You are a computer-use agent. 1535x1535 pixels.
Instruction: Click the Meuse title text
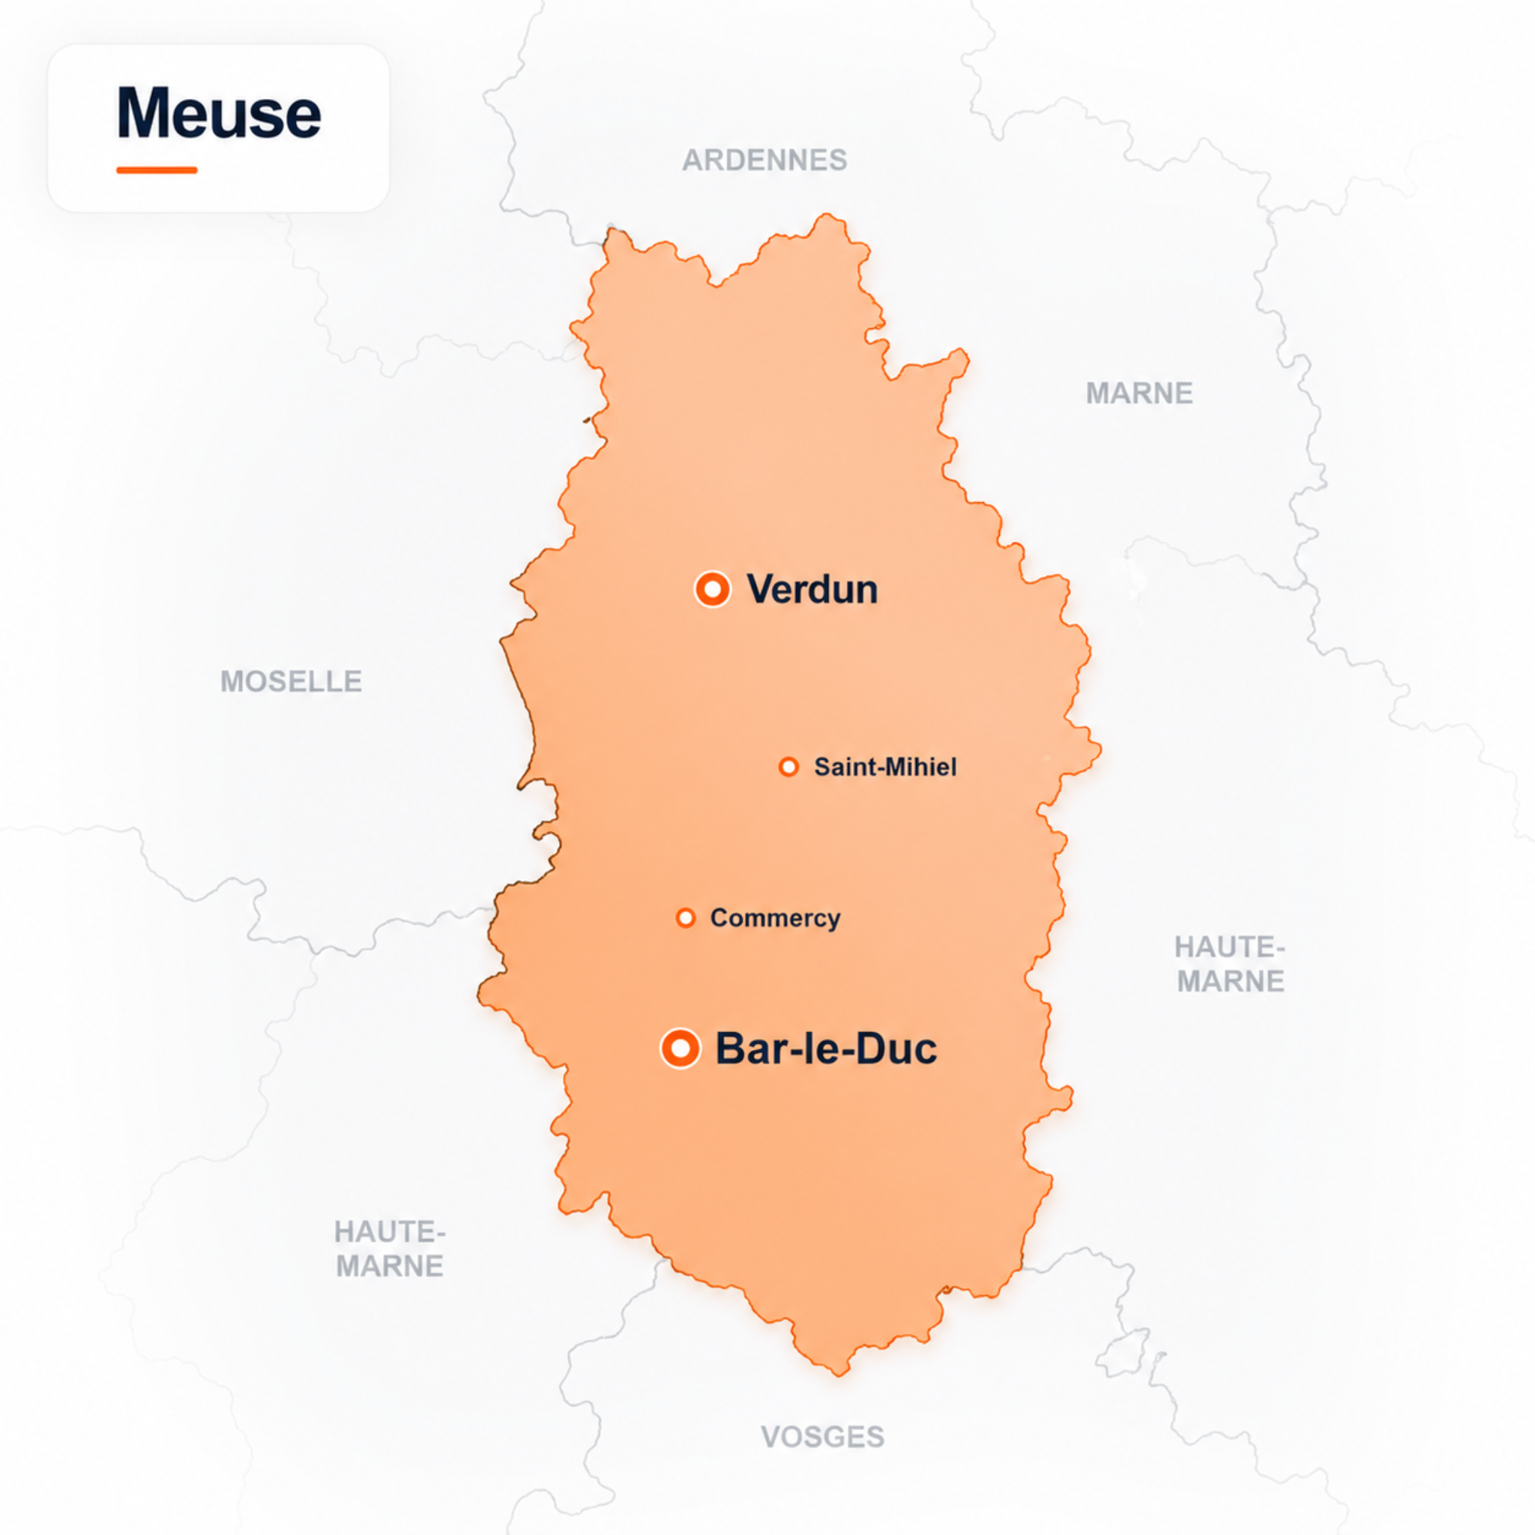219,113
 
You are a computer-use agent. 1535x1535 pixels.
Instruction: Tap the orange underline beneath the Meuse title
157,169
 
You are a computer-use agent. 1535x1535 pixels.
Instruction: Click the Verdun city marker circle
712,588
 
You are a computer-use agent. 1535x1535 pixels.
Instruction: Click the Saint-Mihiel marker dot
788,767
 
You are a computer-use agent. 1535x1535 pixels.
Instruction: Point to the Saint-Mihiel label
885,767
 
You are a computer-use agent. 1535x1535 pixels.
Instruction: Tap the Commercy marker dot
686,917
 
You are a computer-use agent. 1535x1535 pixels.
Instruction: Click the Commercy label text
775,917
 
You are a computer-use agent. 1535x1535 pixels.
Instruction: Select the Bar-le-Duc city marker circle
680,1049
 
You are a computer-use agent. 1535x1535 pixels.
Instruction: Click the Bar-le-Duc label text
826,1049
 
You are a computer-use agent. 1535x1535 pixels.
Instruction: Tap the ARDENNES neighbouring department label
765,160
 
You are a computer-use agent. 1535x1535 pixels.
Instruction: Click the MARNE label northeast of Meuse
1139,393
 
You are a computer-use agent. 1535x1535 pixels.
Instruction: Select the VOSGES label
822,1437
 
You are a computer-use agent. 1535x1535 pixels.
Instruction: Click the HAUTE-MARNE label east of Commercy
1230,965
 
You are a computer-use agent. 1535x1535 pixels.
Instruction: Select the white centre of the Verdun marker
712,588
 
